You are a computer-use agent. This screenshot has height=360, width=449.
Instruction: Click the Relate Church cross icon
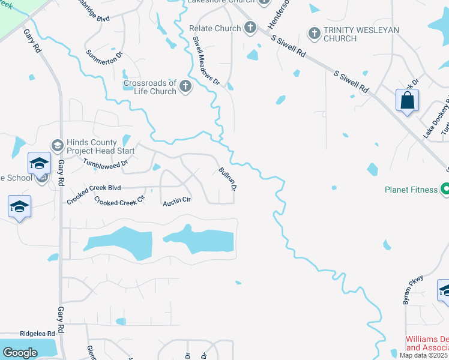click(x=250, y=28)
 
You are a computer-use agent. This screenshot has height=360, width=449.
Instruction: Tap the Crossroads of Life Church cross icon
click(x=185, y=87)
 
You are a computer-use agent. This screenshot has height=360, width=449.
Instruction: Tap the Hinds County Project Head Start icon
click(x=57, y=146)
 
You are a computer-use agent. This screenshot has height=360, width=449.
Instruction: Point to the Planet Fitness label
click(x=411, y=190)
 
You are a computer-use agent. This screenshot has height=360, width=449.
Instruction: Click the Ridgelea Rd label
click(x=37, y=333)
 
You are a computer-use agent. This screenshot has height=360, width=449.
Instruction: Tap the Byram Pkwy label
click(x=414, y=289)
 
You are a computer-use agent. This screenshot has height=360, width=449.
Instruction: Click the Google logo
click(x=20, y=353)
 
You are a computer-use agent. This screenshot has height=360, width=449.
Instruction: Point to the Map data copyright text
click(x=424, y=355)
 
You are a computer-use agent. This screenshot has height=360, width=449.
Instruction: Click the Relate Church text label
click(x=215, y=28)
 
